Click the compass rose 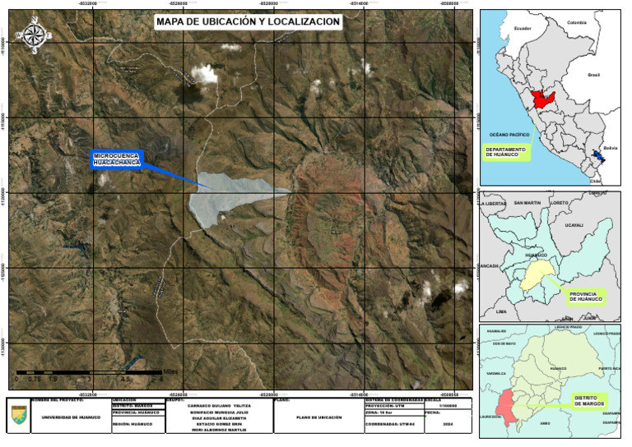click(x=35, y=35)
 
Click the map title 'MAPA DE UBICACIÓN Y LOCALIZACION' click(x=247, y=22)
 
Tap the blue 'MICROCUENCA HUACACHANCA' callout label click(x=117, y=159)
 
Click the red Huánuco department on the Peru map click(x=544, y=101)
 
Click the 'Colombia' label click(x=575, y=23)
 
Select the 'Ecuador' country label click(x=523, y=29)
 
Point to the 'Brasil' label click(x=593, y=75)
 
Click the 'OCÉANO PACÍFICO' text click(x=509, y=133)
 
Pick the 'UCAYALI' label click(x=574, y=224)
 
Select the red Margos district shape click(x=503, y=408)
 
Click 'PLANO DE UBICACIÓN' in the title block click(x=318, y=417)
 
